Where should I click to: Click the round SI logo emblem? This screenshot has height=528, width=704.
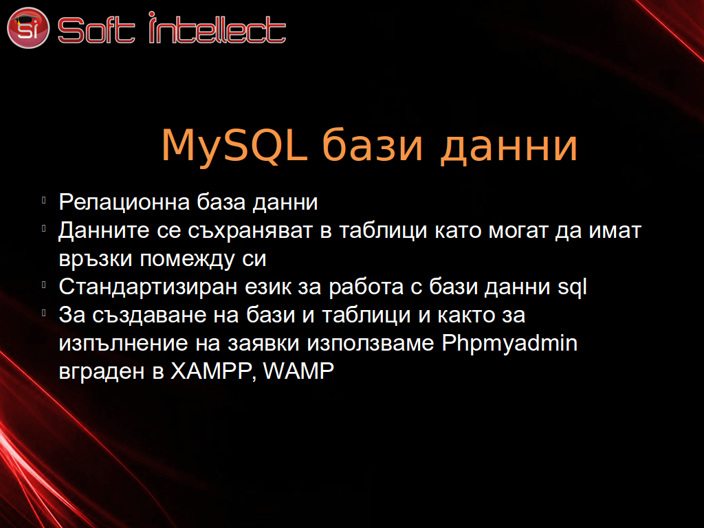point(27,27)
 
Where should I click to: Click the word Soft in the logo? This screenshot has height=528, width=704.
point(96,30)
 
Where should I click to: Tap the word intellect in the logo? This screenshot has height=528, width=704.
point(217,27)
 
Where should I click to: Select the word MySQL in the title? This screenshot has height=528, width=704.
point(234,146)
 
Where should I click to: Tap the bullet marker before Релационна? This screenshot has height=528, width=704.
point(43,200)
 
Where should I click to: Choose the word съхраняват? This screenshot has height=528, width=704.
point(250,231)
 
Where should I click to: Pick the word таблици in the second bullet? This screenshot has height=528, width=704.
point(383,232)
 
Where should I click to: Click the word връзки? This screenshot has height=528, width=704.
point(95,259)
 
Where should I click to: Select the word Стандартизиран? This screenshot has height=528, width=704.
point(148,287)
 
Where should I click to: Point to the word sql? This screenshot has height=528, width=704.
point(572,287)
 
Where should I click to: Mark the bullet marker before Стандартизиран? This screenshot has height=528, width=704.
point(43,285)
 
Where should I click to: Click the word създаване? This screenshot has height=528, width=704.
point(149,315)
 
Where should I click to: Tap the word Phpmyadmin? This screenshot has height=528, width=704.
point(509,344)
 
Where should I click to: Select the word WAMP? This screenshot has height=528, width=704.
point(298,371)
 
